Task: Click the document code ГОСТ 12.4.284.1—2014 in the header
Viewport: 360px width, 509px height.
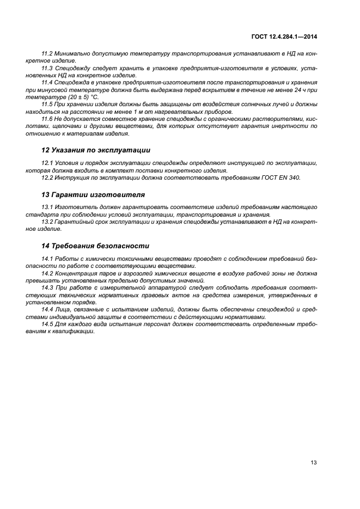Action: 284,37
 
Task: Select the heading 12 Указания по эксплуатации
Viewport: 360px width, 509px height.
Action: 96,150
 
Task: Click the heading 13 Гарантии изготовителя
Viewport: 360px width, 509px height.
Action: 93,194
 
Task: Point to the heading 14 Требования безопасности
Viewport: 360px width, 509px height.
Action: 95,246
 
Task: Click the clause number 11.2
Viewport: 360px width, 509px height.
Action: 47,54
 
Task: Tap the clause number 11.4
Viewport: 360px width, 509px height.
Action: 47,82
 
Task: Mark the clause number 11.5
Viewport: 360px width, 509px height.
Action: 47,103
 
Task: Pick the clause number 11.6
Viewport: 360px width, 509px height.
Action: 47,118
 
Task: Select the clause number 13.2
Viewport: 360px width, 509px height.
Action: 47,222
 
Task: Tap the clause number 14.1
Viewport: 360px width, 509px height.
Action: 47,258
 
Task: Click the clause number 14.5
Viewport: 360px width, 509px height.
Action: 47,323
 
